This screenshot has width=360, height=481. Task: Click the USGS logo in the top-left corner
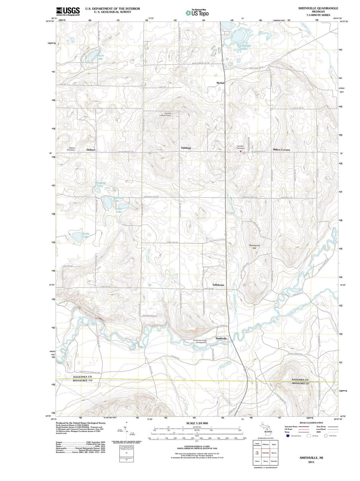68,11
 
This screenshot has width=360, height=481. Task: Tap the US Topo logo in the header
197,13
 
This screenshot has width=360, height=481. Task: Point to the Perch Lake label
100,57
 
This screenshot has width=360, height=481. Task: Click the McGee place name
220,82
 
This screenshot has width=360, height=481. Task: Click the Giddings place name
186,148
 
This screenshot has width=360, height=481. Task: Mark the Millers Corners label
281,150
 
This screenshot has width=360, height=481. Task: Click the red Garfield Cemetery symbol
240,151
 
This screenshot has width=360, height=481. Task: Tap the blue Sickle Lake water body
77,237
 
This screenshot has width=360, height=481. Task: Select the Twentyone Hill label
254,247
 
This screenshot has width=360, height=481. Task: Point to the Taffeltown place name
218,285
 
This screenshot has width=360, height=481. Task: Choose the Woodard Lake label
100,184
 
